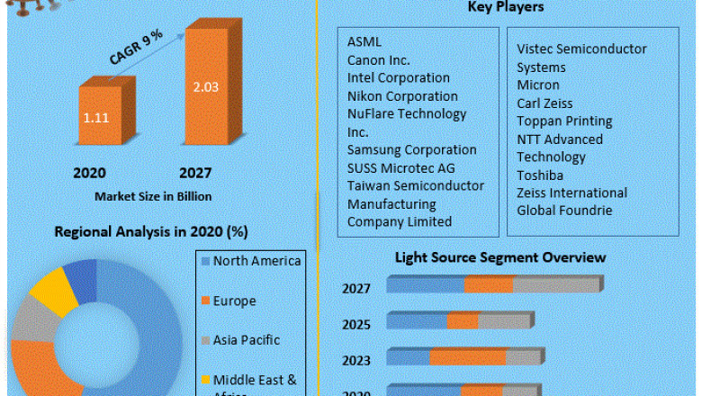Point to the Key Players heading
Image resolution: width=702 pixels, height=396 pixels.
click(505, 8)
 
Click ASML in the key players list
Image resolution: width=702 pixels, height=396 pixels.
click(364, 41)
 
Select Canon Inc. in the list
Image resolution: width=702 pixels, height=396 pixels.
click(378, 59)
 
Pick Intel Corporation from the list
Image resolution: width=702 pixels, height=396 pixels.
click(398, 77)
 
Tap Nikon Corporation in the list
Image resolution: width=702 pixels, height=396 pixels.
click(402, 95)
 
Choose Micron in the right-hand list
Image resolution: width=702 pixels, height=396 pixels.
click(537, 85)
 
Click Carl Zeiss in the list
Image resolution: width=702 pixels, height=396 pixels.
click(544, 103)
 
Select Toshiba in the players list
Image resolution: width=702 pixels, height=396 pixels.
click(540, 175)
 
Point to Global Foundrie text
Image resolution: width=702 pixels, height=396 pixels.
click(564, 211)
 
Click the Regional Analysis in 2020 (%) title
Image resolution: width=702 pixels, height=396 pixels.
click(150, 231)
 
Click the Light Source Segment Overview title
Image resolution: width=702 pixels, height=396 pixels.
click(500, 257)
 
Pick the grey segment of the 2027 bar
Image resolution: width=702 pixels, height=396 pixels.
click(555, 284)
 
